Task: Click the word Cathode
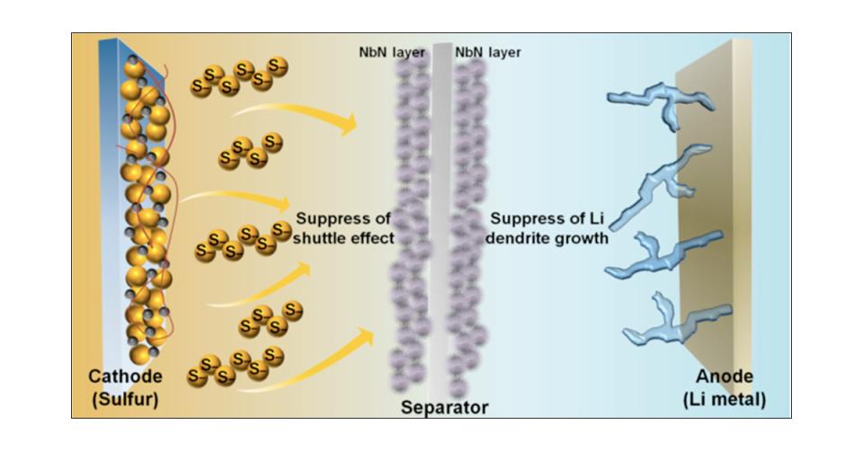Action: click(x=125, y=376)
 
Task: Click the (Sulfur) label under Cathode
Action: click(x=125, y=397)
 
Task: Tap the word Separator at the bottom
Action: click(x=444, y=408)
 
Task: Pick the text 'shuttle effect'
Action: click(x=345, y=239)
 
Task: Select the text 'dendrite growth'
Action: click(x=548, y=239)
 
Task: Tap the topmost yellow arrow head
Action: click(x=346, y=125)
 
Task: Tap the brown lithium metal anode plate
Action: click(x=710, y=225)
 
